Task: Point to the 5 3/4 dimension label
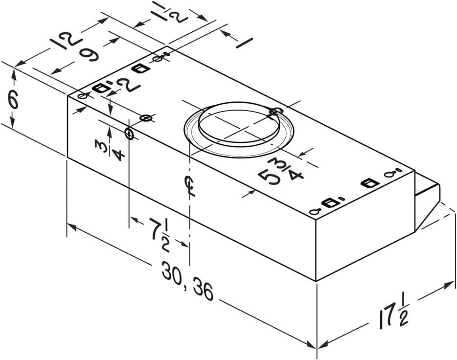[281, 171]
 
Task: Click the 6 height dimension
[13, 99]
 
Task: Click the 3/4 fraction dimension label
[110, 150]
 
